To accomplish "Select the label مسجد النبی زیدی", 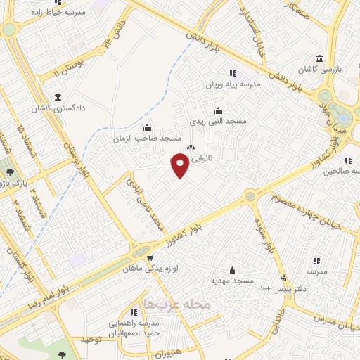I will click(x=220, y=122).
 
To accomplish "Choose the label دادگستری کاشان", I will click(x=56, y=110).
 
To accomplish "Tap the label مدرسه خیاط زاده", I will click(x=60, y=12).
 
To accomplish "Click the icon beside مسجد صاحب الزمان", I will click(x=146, y=127).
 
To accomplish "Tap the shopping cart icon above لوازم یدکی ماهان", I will click(x=150, y=258).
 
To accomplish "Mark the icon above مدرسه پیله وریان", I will click(x=232, y=72).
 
